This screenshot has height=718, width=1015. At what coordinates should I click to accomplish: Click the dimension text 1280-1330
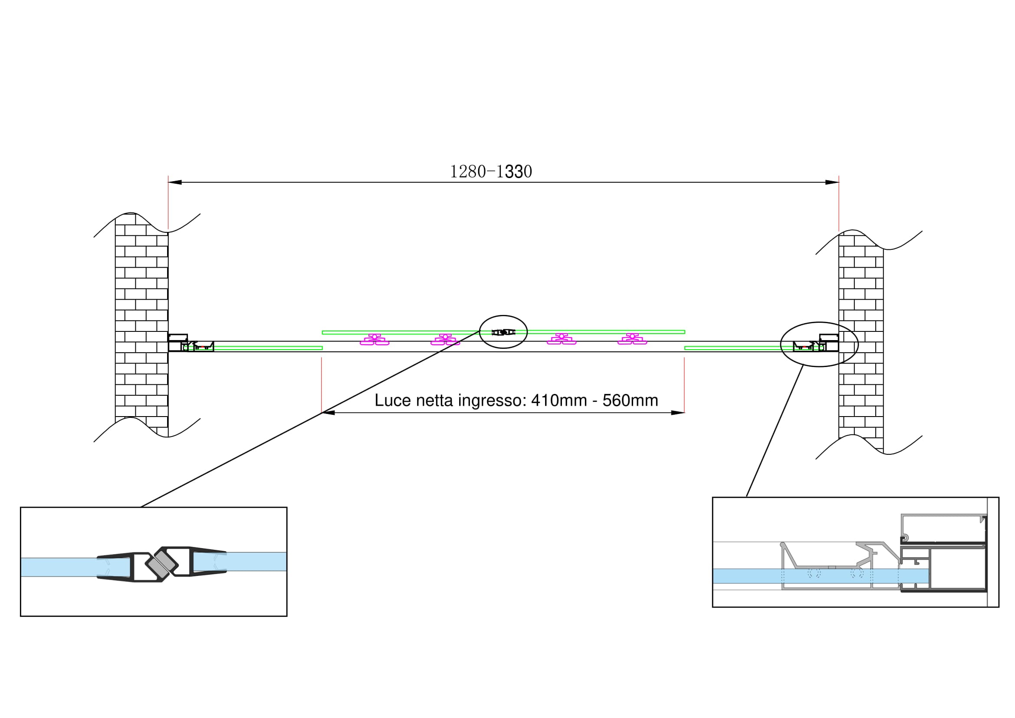coord(491,172)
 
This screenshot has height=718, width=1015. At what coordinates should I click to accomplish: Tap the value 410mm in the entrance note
coord(559,400)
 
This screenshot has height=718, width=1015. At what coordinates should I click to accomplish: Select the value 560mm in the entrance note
coord(631,400)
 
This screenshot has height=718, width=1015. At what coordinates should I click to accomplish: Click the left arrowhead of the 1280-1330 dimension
coord(174,182)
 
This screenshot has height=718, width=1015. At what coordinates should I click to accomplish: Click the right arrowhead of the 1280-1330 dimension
coord(832,182)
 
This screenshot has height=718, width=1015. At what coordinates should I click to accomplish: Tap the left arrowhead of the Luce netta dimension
coord(328,413)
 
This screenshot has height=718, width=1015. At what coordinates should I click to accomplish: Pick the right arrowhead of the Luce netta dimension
coord(678,413)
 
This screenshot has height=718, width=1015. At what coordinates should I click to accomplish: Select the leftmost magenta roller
coord(374,340)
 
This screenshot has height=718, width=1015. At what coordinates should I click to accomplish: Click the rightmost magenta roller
coord(632,340)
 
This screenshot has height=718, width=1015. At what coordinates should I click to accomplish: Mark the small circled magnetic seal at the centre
coord(503,332)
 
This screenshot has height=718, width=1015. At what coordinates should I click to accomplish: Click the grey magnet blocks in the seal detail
coord(161,565)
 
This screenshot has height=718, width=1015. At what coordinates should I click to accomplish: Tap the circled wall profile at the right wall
coord(819,344)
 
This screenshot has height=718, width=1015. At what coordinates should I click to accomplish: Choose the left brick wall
coord(141,328)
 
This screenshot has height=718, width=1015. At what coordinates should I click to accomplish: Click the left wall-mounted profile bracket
coord(178,342)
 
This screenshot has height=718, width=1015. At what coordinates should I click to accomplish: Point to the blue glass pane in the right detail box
coord(821,576)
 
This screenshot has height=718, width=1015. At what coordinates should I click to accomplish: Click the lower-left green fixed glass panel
coord(268,348)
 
